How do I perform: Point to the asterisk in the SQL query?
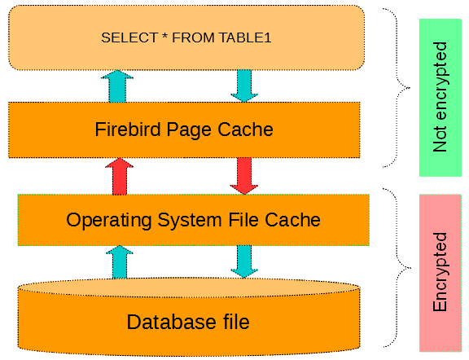point(164,36)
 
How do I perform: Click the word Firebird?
point(128,130)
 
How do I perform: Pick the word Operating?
point(109,221)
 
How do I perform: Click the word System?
point(190,221)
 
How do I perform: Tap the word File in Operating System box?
point(243,220)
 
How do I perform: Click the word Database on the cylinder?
point(171,322)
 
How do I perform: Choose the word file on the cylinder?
point(236,322)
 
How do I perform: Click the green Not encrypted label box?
point(441,98)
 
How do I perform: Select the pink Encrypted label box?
point(441,273)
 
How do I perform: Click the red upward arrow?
point(120,177)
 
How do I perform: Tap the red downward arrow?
point(244,176)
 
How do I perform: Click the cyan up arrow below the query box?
point(117,86)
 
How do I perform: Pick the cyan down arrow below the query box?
point(244,86)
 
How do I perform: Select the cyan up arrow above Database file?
point(120,262)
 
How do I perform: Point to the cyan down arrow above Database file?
point(244,261)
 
